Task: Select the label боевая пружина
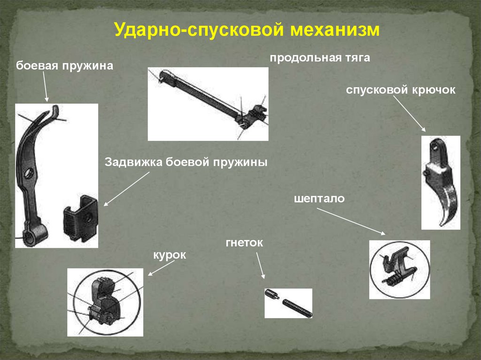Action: (x=65, y=66)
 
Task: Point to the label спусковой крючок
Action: (x=401, y=90)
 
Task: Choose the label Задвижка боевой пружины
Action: (x=186, y=162)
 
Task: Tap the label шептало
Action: (x=319, y=199)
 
